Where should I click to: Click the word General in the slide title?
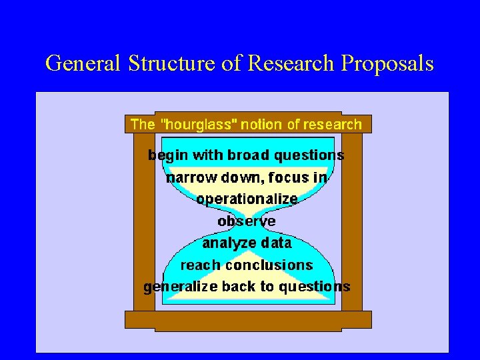pyautogui.click(x=83, y=63)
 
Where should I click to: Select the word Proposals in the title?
pyautogui.click(x=387, y=63)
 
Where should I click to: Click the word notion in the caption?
pyautogui.click(x=257, y=124)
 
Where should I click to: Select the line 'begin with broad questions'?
pyautogui.click(x=246, y=155)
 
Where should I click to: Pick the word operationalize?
pyautogui.click(x=247, y=199)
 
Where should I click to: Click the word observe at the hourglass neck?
pyautogui.click(x=247, y=221)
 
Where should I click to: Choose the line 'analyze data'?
pyautogui.click(x=247, y=243)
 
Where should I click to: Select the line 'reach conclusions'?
pyautogui.click(x=247, y=265)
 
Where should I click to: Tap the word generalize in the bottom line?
pyautogui.click(x=181, y=287)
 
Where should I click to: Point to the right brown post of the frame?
pyautogui.click(x=351, y=220)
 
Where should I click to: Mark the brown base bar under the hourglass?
pyautogui.click(x=247, y=320)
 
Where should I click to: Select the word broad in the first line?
pyautogui.click(x=245, y=155)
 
